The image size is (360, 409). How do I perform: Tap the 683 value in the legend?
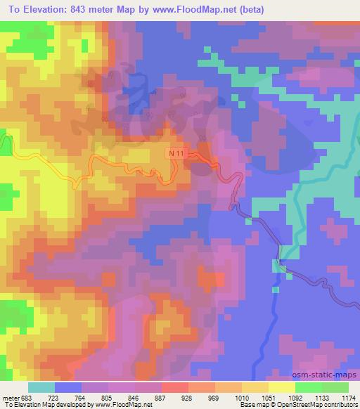27,398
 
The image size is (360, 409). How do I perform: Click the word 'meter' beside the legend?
11,398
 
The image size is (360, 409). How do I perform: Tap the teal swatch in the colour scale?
41,387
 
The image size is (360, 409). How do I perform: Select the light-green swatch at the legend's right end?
335,387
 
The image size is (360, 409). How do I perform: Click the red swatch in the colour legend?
174,387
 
